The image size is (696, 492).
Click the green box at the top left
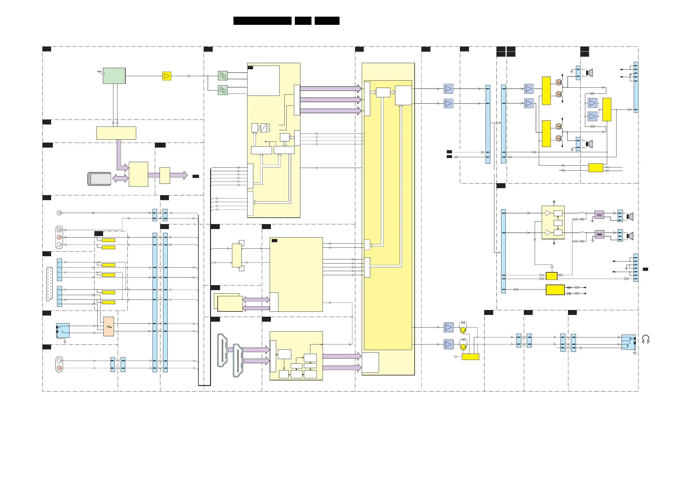[114, 76]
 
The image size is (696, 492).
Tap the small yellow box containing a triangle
[167, 76]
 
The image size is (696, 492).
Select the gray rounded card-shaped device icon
[99, 179]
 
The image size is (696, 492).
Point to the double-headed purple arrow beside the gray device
[120, 178]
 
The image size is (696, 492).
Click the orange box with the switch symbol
[108, 326]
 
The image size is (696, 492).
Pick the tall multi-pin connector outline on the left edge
[49, 284]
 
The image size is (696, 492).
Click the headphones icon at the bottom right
[646, 339]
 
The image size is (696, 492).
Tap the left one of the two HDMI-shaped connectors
[222, 350]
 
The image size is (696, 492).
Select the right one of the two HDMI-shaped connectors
[238, 361]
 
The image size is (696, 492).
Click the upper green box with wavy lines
[223, 75]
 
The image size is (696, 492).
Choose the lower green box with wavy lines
[223, 90]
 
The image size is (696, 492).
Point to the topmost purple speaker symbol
[589, 73]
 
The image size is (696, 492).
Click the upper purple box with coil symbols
[599, 215]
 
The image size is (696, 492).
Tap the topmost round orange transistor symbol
[559, 82]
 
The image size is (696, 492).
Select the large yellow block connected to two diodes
[555, 290]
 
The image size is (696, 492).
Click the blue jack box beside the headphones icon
[628, 342]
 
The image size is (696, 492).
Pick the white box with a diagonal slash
[264, 128]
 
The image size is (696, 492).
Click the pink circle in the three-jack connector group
[59, 237]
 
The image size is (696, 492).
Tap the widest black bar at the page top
[262, 21]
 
